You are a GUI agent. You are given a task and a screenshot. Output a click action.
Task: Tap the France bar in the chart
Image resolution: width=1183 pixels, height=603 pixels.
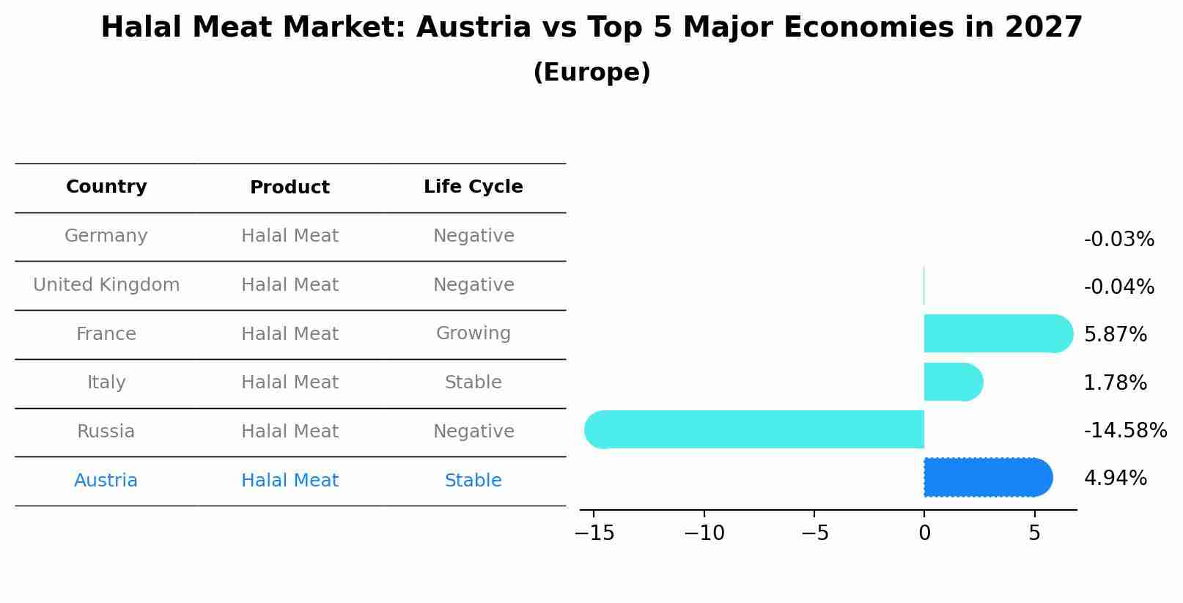pyautogui.click(x=998, y=333)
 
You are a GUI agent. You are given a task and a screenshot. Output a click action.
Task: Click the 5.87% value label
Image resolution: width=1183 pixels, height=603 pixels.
pyautogui.click(x=1115, y=335)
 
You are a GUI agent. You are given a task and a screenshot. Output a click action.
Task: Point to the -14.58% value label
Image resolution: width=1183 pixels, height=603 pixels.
pyautogui.click(x=1125, y=431)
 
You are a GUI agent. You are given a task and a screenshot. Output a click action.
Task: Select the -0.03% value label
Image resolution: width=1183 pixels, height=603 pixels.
pyautogui.click(x=1118, y=240)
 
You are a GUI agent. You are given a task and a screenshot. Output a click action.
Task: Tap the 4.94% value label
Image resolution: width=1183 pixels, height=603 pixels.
pyautogui.click(x=1115, y=478)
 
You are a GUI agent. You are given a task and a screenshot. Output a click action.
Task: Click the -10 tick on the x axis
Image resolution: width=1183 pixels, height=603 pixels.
pyautogui.click(x=704, y=533)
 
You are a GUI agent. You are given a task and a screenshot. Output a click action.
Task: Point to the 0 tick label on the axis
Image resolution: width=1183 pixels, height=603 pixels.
pyautogui.click(x=924, y=533)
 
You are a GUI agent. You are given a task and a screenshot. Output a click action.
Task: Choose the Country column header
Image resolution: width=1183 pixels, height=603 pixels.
pyautogui.click(x=106, y=187)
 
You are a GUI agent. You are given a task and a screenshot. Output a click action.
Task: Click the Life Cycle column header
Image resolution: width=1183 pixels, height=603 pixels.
pyautogui.click(x=473, y=187)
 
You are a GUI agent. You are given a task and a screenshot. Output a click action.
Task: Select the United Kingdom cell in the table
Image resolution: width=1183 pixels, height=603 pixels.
pyautogui.click(x=106, y=285)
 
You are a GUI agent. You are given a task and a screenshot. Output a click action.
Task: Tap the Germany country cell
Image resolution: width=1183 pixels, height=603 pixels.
pyautogui.click(x=106, y=236)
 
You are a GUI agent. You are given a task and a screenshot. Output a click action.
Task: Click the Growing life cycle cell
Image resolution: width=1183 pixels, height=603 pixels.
pyautogui.click(x=473, y=333)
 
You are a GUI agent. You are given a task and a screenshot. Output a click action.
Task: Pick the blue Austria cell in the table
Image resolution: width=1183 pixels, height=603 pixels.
pyautogui.click(x=106, y=481)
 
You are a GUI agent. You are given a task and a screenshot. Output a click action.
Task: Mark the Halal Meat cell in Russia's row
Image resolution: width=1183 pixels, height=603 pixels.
pyautogui.click(x=290, y=432)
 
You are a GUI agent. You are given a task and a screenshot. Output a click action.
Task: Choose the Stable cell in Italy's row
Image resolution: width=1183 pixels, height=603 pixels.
pyautogui.click(x=473, y=382)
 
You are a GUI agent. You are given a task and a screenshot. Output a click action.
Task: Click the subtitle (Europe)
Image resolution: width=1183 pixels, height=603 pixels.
pyautogui.click(x=591, y=73)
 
